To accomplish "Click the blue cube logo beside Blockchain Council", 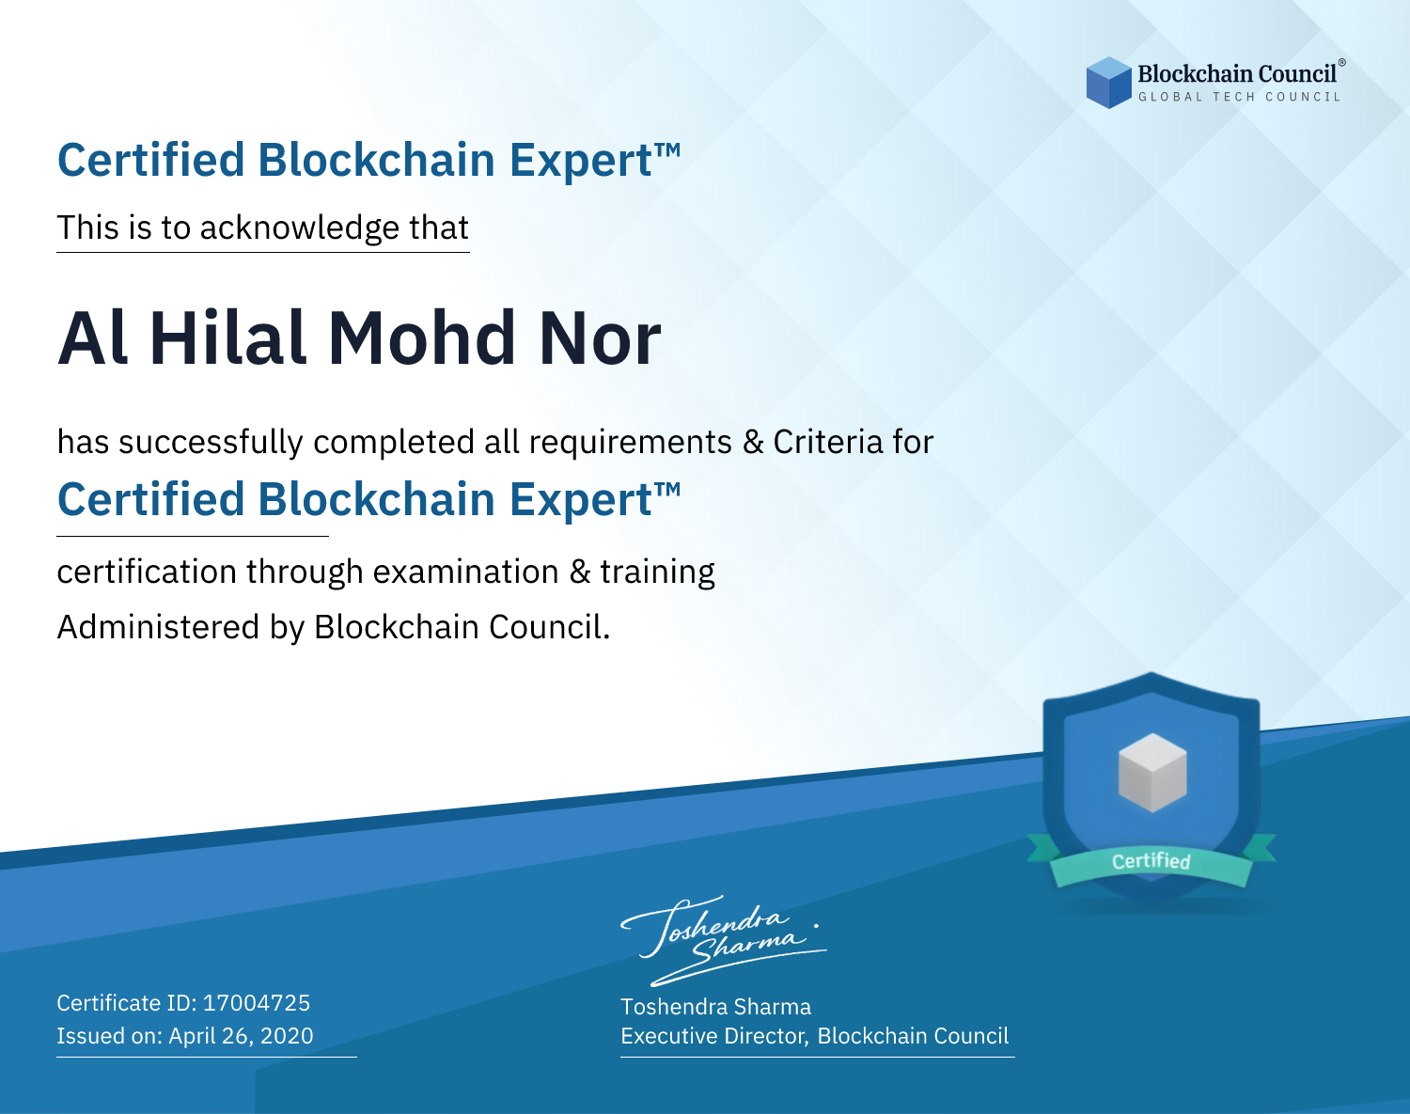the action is (1108, 83).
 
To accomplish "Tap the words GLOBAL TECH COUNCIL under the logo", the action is (1240, 97).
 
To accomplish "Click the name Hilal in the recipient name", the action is (228, 338).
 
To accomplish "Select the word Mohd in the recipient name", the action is (421, 338).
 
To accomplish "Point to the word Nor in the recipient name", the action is (600, 338).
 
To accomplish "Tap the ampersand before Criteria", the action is (753, 443).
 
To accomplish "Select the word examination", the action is (466, 572).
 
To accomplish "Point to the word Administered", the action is (158, 627).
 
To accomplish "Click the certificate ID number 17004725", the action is (257, 1003).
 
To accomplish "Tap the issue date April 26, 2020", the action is (242, 1036).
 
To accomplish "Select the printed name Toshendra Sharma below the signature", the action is (715, 1007).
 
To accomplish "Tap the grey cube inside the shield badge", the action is (1151, 773).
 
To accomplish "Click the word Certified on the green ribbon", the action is (1151, 861).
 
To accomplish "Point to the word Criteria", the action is (827, 443).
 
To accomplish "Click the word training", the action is (657, 573).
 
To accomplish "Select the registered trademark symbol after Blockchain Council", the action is (1341, 63).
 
